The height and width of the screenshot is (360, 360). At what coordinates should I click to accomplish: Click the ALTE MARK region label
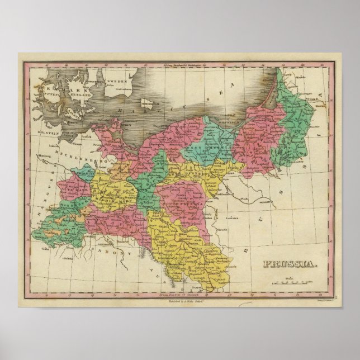[x=73, y=190]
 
